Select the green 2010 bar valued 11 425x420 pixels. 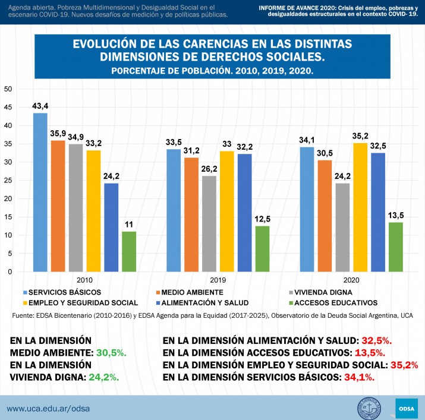129,251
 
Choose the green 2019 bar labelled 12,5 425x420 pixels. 262,248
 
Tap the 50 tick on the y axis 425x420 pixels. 8,89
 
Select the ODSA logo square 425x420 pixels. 407,409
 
